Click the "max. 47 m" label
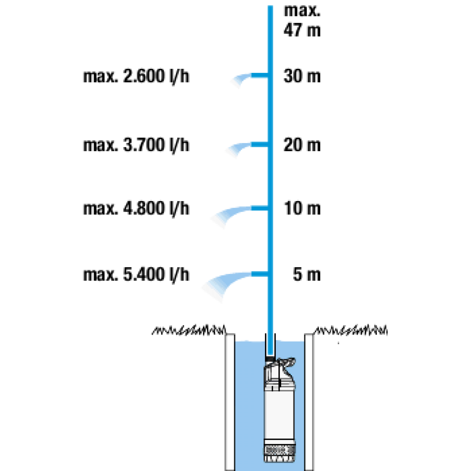(x=302, y=21)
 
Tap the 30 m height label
(x=302, y=76)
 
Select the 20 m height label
(x=302, y=145)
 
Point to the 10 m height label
(x=303, y=208)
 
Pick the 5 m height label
(x=307, y=274)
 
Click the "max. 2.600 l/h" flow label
(x=136, y=76)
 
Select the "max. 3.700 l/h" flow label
(x=136, y=145)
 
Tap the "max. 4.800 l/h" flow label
(x=136, y=209)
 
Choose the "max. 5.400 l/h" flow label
(x=136, y=275)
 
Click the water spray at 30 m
(x=241, y=79)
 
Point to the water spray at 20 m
(x=238, y=148)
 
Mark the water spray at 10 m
(x=231, y=215)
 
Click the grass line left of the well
(x=189, y=330)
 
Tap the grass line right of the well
(x=351, y=330)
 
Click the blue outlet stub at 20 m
(x=259, y=145)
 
